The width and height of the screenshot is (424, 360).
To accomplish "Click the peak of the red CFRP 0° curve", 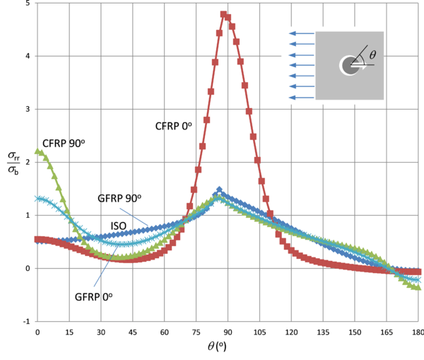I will (223, 14).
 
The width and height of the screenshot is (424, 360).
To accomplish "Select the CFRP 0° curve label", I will (173, 126).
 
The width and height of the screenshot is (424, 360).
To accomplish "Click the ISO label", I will (118, 226).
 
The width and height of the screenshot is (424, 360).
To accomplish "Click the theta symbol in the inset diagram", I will (372, 53).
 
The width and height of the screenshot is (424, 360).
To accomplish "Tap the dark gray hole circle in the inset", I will (349, 66).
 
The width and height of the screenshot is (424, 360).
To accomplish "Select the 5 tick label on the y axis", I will (27, 4).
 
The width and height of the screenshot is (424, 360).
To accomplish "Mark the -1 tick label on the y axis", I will (25, 321).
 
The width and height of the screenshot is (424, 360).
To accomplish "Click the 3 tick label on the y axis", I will (27, 110).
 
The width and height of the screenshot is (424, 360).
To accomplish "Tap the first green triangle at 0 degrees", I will (38, 151).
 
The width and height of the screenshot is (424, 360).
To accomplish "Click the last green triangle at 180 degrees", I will (417, 287).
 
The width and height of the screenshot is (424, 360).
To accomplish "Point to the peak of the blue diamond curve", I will (219, 190).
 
